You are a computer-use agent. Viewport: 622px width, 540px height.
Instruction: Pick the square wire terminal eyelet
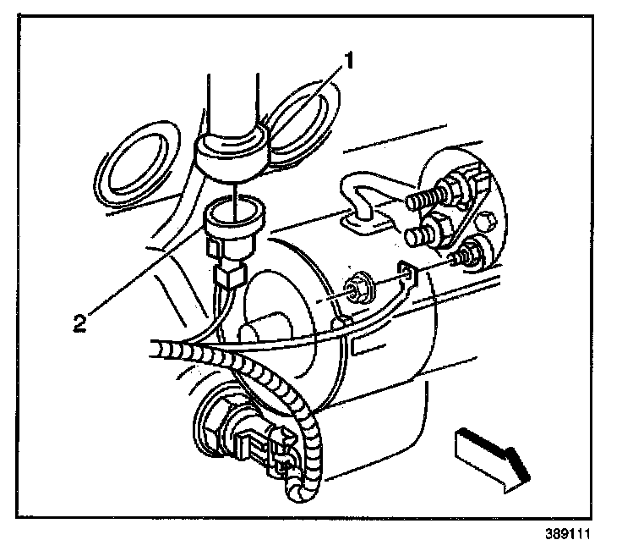(x=407, y=273)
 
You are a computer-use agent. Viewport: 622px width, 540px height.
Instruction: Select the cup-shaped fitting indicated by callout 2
(x=230, y=218)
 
